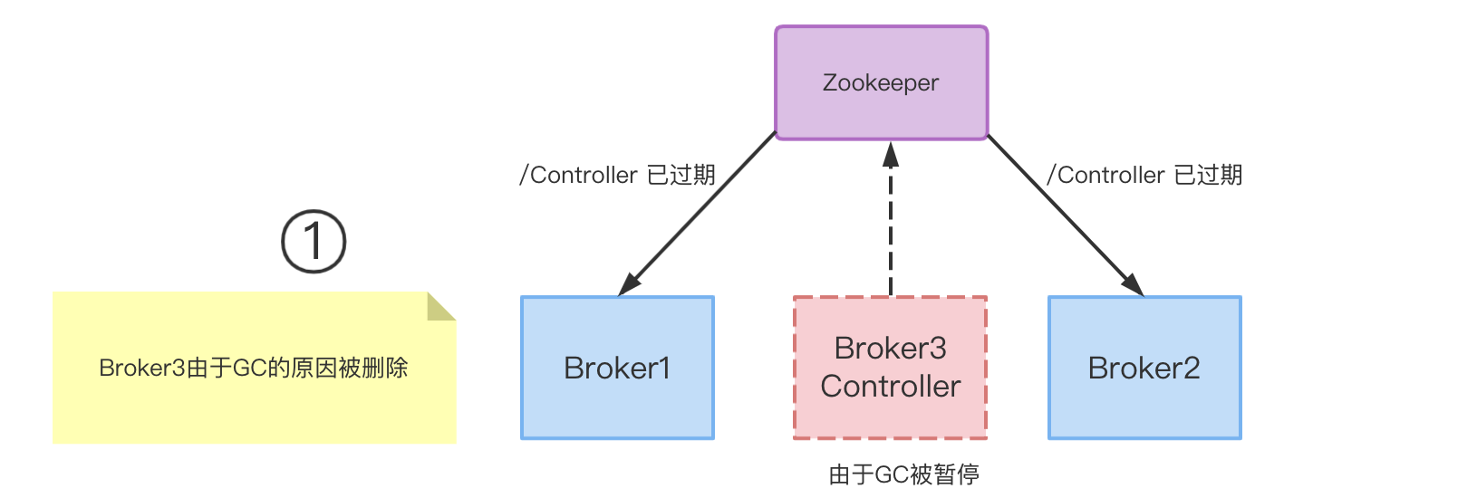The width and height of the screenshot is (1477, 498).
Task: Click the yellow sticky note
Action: click(254, 407)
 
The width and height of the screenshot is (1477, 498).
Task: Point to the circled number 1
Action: click(314, 242)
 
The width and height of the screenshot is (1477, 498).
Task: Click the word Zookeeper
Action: click(881, 82)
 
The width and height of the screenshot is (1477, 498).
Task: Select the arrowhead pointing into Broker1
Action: click(629, 283)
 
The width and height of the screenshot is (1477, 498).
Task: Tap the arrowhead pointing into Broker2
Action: click(1133, 283)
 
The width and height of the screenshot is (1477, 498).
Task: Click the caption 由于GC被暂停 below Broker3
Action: click(903, 474)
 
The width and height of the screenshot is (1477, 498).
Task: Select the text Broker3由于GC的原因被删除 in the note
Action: click(254, 368)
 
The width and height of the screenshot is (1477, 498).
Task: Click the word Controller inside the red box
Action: click(890, 387)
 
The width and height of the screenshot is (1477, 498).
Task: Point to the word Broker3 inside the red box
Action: click(890, 348)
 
